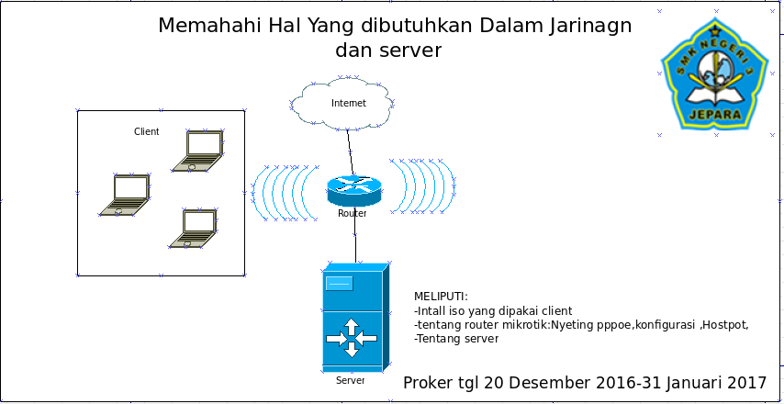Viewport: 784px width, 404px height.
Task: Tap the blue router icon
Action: coord(353,191)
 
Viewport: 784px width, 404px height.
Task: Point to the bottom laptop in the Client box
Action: coord(194,229)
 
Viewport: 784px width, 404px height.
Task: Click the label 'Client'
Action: coord(146,131)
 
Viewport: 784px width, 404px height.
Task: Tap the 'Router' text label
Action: coord(352,213)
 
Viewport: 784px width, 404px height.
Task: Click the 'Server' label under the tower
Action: coord(350,380)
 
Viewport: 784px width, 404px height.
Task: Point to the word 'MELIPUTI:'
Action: coord(441,297)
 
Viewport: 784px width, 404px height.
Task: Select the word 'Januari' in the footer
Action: coord(687,382)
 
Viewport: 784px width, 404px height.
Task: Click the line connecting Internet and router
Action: coord(349,150)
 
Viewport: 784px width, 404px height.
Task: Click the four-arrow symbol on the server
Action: coord(351,339)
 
